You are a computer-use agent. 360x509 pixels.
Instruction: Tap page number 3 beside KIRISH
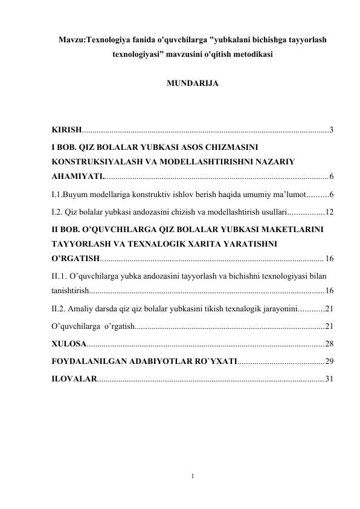pyautogui.click(x=332, y=130)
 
